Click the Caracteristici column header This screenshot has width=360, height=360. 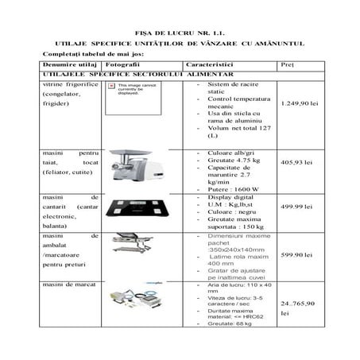coord(208,63)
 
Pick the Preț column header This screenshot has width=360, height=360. coord(288,63)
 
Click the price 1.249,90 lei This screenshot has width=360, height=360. coord(300,104)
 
